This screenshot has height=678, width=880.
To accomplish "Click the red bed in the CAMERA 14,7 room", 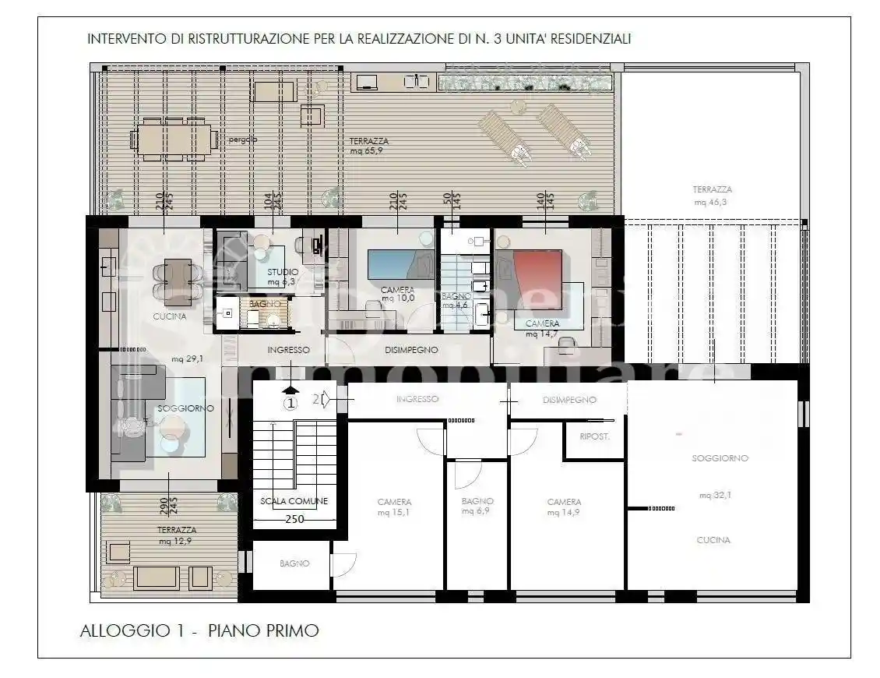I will pos(537,274).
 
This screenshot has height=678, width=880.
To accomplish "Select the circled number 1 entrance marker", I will pos(290,403).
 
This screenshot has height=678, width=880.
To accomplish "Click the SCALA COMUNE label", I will pos(294,501).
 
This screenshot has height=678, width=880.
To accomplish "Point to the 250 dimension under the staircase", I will pos(294,520).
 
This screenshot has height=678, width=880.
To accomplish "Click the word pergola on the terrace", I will pos(243,140).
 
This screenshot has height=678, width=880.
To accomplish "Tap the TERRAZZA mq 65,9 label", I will pos(368,146).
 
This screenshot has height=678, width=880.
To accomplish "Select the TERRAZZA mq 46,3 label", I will pos(712,195).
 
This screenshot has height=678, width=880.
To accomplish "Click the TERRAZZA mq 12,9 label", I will pos(176,535).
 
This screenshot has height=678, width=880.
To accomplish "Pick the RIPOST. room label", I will pos(594,436).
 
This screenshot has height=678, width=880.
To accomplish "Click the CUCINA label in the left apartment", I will pos(169,316).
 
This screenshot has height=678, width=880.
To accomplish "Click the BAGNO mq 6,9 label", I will pos(477,506).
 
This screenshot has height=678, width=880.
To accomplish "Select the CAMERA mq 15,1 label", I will pos(394,507).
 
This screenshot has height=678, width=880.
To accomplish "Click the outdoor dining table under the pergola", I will pos(174,139).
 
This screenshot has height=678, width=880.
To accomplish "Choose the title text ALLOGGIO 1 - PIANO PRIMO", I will pos(199,630).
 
